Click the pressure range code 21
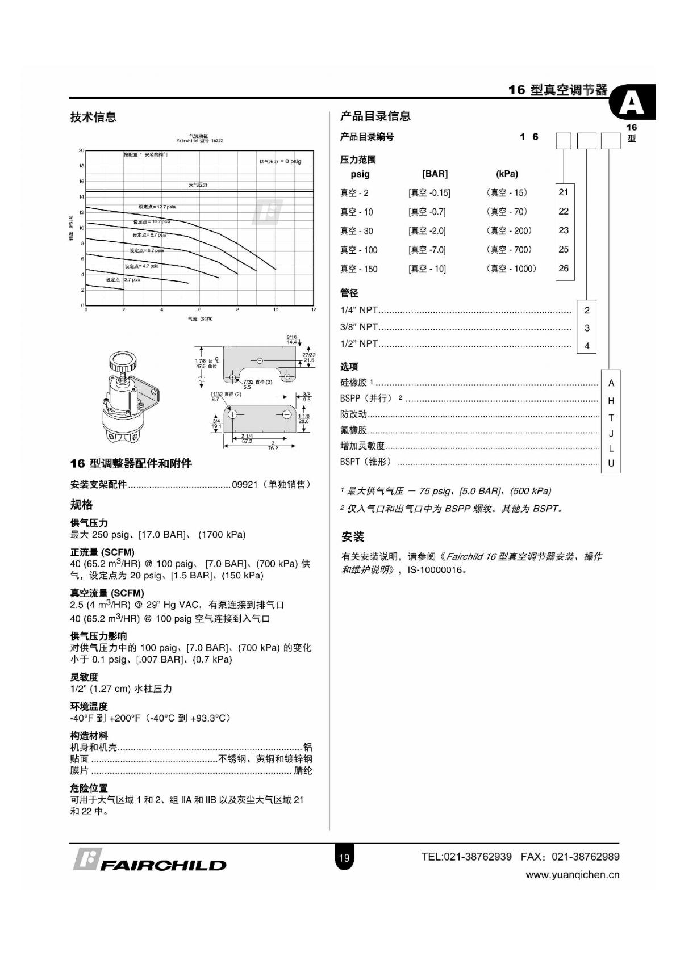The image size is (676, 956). pyautogui.click(x=563, y=192)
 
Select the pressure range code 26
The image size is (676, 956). pyautogui.click(x=563, y=268)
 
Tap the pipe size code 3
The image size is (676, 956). pyautogui.click(x=587, y=328)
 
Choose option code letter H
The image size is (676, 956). pyautogui.click(x=611, y=401)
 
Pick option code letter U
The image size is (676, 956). pyautogui.click(x=611, y=463)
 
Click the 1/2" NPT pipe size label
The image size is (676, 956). pyautogui.click(x=359, y=344)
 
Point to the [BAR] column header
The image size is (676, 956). pyautogui.click(x=435, y=174)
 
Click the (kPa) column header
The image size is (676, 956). pyautogui.click(x=507, y=174)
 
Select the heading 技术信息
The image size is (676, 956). pyautogui.click(x=93, y=117)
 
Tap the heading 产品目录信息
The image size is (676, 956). pyautogui.click(x=375, y=116)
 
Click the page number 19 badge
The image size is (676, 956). pyautogui.click(x=344, y=858)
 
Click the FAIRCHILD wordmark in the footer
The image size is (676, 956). pyautogui.click(x=163, y=865)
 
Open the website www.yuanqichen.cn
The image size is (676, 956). pyautogui.click(x=572, y=875)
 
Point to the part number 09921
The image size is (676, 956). pyautogui.click(x=245, y=484)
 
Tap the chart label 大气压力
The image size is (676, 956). pyautogui.click(x=198, y=185)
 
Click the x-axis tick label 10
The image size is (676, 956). pyautogui.click(x=276, y=310)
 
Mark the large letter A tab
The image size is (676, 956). pyautogui.click(x=632, y=103)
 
